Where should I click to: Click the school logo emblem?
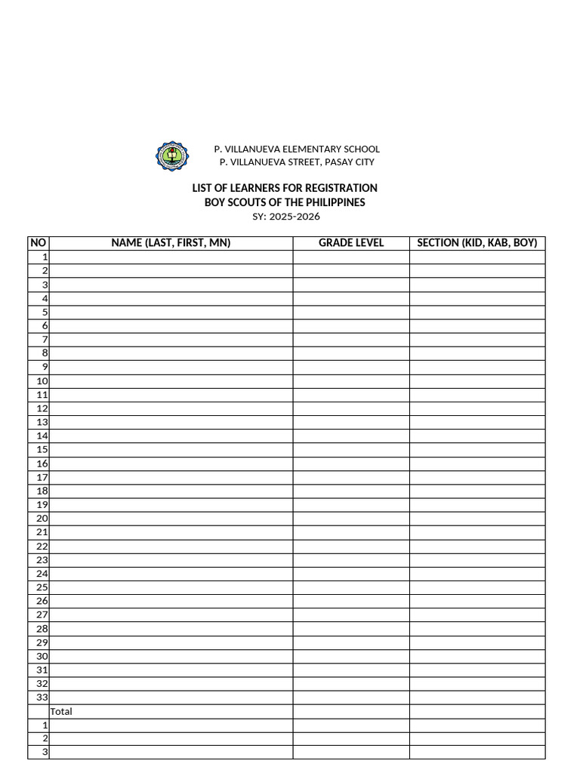(x=172, y=156)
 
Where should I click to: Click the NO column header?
(x=39, y=243)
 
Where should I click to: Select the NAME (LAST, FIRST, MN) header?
(x=171, y=243)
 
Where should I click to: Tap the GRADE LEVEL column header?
(x=351, y=243)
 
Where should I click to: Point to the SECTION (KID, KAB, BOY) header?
(x=477, y=243)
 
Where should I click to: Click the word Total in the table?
(x=61, y=711)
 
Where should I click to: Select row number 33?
(x=42, y=698)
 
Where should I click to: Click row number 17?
(x=42, y=477)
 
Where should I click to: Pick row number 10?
(x=42, y=381)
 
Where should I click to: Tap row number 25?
(x=42, y=587)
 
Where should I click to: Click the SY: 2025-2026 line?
(x=285, y=217)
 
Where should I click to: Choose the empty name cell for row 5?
(x=171, y=312)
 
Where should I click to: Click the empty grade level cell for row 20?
(x=351, y=519)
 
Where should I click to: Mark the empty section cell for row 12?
(x=477, y=408)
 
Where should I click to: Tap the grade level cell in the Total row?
(x=351, y=711)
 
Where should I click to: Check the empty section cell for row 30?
(x=477, y=656)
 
